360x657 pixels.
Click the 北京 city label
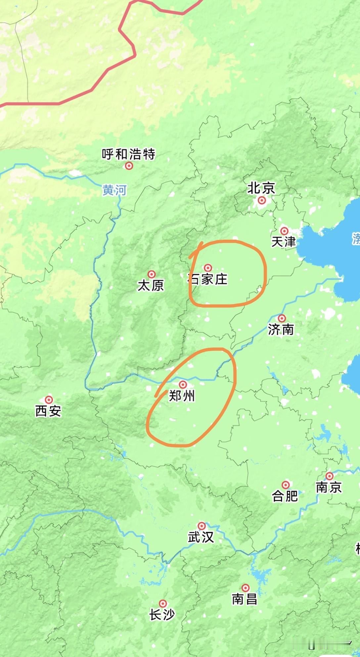(x=261, y=188)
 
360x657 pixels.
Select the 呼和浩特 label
(x=128, y=154)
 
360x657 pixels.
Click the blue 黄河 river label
(x=114, y=190)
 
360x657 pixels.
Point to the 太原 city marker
(x=152, y=274)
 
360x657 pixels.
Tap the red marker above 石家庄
(x=208, y=267)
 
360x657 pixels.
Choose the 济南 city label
(x=281, y=329)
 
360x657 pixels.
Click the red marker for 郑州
(x=183, y=384)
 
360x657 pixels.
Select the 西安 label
(x=48, y=411)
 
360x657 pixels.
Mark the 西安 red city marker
(x=49, y=399)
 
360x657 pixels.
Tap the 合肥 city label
(x=285, y=496)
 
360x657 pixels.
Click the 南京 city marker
(x=330, y=476)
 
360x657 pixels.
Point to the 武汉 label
(x=201, y=537)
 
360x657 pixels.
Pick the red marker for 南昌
(x=246, y=588)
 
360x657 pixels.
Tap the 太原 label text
(x=151, y=286)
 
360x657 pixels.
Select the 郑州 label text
(x=182, y=396)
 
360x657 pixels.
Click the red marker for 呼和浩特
(x=129, y=166)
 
